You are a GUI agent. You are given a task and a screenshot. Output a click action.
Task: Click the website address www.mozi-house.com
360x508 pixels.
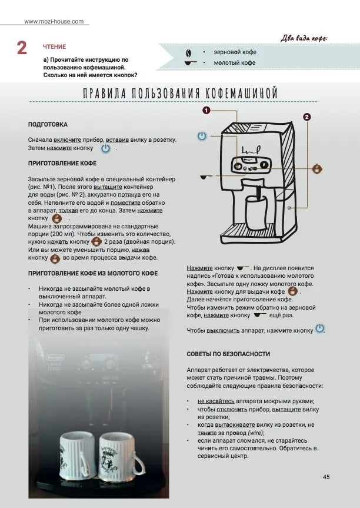pos(54,22)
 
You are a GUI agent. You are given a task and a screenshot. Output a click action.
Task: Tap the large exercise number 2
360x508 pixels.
pos(22,48)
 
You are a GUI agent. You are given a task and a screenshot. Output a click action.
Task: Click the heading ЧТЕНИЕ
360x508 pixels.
pos(55,47)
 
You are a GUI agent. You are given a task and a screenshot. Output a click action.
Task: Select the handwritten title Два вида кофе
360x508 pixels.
pos(305,38)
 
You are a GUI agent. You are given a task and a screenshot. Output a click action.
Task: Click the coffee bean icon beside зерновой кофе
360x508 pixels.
pos(188,52)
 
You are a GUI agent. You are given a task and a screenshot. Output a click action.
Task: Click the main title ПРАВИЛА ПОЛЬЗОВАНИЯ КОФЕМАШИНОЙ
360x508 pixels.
pos(179,94)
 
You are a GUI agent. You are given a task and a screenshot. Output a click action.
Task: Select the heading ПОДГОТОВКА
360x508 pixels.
pos(48,125)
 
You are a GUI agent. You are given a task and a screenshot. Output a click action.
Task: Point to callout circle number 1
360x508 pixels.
pos(206,110)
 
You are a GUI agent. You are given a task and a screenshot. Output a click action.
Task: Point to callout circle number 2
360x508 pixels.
pos(307,117)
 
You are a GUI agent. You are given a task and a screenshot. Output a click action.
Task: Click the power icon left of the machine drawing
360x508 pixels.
pos(202,136)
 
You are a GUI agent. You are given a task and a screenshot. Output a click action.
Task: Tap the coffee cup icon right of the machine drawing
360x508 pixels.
pos(316,168)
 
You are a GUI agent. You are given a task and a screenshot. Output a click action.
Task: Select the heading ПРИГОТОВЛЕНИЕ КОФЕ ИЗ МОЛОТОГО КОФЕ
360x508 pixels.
pos(93,274)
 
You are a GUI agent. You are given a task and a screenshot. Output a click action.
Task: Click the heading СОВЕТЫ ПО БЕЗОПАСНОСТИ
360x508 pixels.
pos(228,354)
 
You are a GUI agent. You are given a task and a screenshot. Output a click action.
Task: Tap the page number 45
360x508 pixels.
pos(326,477)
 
